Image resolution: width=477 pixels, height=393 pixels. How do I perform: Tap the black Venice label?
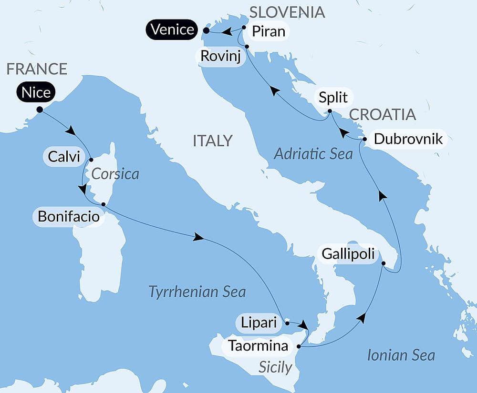coord(172,30)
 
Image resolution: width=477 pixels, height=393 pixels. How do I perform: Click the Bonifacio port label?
coord(68,217)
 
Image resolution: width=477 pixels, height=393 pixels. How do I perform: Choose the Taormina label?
coord(259,345)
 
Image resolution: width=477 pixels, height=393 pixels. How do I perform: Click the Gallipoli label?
coord(347,253)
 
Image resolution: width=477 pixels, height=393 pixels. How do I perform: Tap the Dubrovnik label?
coord(408,139)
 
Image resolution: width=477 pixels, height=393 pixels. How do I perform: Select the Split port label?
coord(333,98)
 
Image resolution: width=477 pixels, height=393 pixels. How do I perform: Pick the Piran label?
coord(268,31)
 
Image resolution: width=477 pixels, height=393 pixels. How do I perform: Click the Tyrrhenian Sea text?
coord(197,292)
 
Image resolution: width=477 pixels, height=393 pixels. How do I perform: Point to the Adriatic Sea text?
coord(313,153)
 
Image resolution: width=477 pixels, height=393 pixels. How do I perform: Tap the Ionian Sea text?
coord(401,355)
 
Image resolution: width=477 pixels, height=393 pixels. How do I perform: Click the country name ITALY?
coord(212,141)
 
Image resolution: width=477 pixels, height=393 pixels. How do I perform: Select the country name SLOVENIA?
coord(287,12)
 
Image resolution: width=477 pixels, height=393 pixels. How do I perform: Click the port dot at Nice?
coord(39,110)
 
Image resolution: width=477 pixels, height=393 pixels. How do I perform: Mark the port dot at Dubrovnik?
coord(364,140)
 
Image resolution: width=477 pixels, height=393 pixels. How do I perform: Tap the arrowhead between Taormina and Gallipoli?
coord(363,318)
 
